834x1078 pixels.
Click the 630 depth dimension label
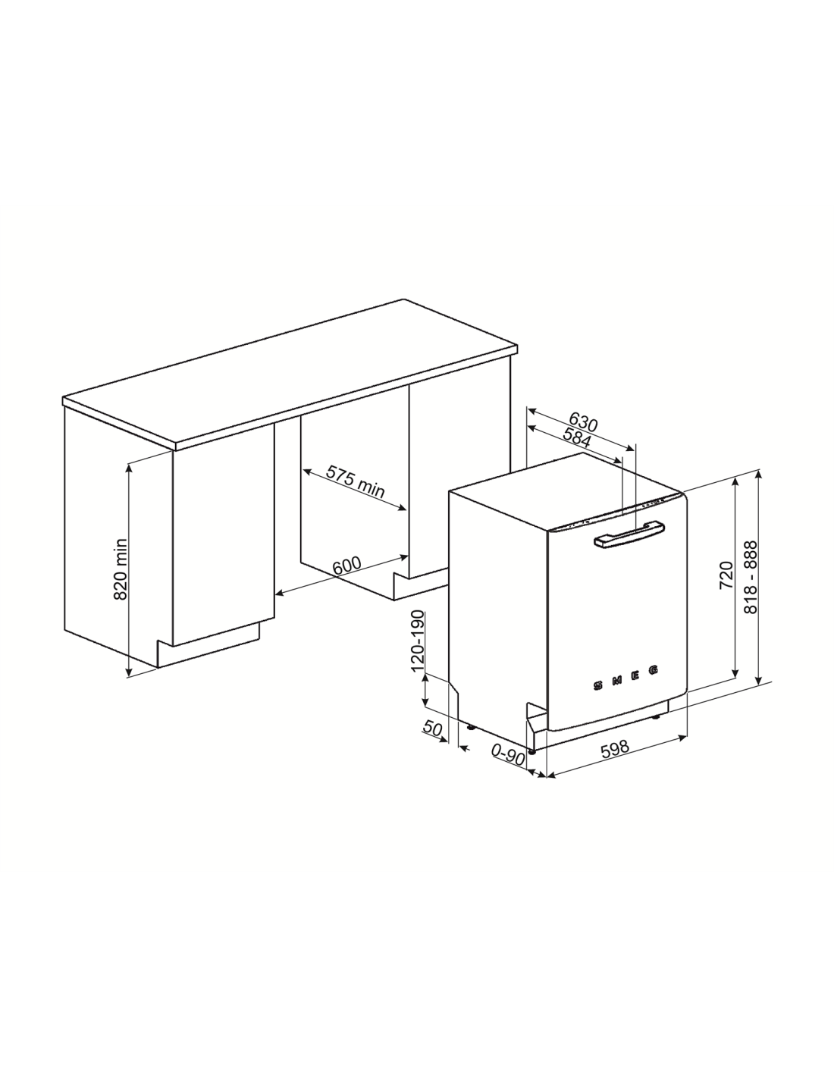pos(583,422)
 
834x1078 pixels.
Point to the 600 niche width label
pos(346,566)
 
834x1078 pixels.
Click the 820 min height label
pos(121,569)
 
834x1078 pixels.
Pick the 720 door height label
pos(726,575)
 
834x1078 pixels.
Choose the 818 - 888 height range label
pos(751,577)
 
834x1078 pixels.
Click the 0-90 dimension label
pos(508,756)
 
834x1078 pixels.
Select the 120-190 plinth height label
pos(419,641)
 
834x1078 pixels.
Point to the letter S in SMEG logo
pos(598,687)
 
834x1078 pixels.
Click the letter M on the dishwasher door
pos(616,681)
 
